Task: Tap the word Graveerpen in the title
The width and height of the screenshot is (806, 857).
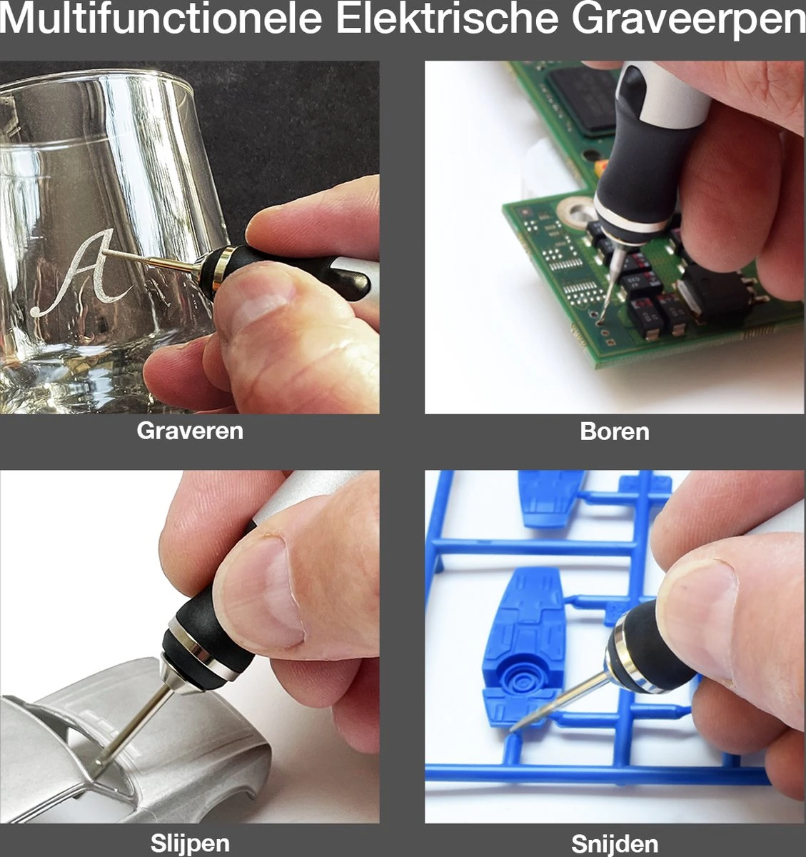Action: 689,20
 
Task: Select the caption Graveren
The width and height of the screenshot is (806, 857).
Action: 190,431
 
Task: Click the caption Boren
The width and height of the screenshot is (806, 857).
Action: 615,431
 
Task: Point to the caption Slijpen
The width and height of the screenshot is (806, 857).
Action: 190,843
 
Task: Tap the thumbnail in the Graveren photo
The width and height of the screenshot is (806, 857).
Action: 263,302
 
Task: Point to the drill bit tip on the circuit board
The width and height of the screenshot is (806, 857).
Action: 600,321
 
